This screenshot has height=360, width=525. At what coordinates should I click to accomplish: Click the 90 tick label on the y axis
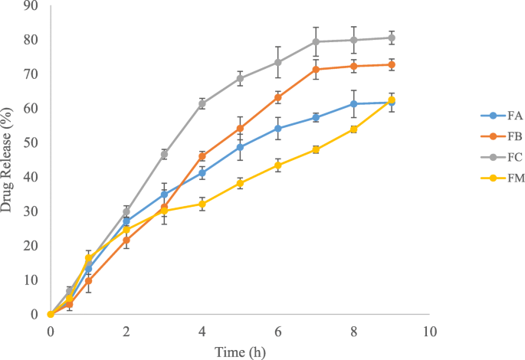[31, 5]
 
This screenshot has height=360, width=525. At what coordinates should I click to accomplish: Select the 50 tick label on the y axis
[31, 142]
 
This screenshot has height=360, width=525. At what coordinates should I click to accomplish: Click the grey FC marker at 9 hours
[392, 38]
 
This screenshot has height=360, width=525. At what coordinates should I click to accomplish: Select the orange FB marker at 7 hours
[316, 70]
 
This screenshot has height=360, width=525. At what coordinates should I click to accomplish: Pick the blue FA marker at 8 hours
[353, 103]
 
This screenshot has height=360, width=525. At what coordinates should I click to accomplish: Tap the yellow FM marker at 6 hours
[277, 165]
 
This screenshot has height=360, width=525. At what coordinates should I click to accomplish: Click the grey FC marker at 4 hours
[202, 103]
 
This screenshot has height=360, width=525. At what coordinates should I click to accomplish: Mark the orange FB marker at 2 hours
[126, 240]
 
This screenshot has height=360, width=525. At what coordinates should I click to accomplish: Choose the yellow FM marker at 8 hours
[353, 129]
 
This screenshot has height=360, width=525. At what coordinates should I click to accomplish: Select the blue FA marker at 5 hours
[240, 147]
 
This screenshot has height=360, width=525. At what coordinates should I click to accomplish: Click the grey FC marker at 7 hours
[316, 41]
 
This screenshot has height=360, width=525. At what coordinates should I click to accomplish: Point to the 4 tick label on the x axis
[202, 331]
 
